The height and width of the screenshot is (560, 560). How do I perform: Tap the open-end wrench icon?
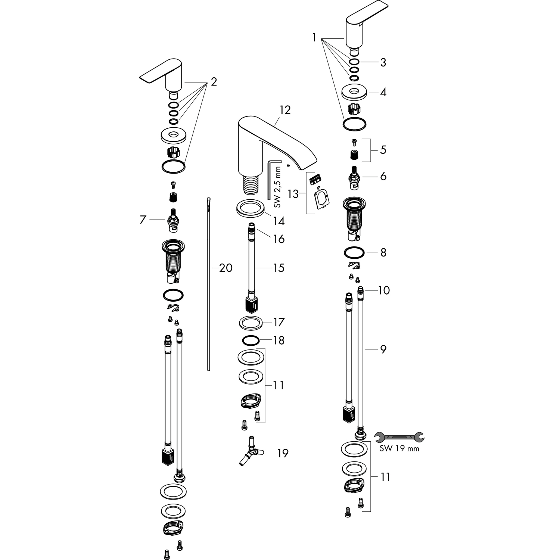(x=399, y=436)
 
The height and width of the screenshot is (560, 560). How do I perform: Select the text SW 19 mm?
(x=399, y=449)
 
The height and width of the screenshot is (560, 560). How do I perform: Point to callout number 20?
(x=225, y=268)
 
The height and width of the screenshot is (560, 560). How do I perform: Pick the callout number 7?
(x=143, y=220)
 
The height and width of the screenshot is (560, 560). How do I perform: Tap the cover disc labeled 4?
(x=355, y=92)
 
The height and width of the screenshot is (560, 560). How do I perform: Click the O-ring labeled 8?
(x=354, y=253)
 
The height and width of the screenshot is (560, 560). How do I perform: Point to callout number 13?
(x=293, y=194)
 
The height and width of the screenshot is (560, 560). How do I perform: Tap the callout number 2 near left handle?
(x=214, y=81)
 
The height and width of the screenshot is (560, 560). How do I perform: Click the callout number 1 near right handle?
(x=314, y=38)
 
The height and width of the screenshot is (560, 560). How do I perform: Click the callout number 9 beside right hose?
(x=383, y=349)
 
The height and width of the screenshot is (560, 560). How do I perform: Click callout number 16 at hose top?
(x=279, y=239)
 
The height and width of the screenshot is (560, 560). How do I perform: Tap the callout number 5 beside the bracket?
(x=383, y=150)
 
